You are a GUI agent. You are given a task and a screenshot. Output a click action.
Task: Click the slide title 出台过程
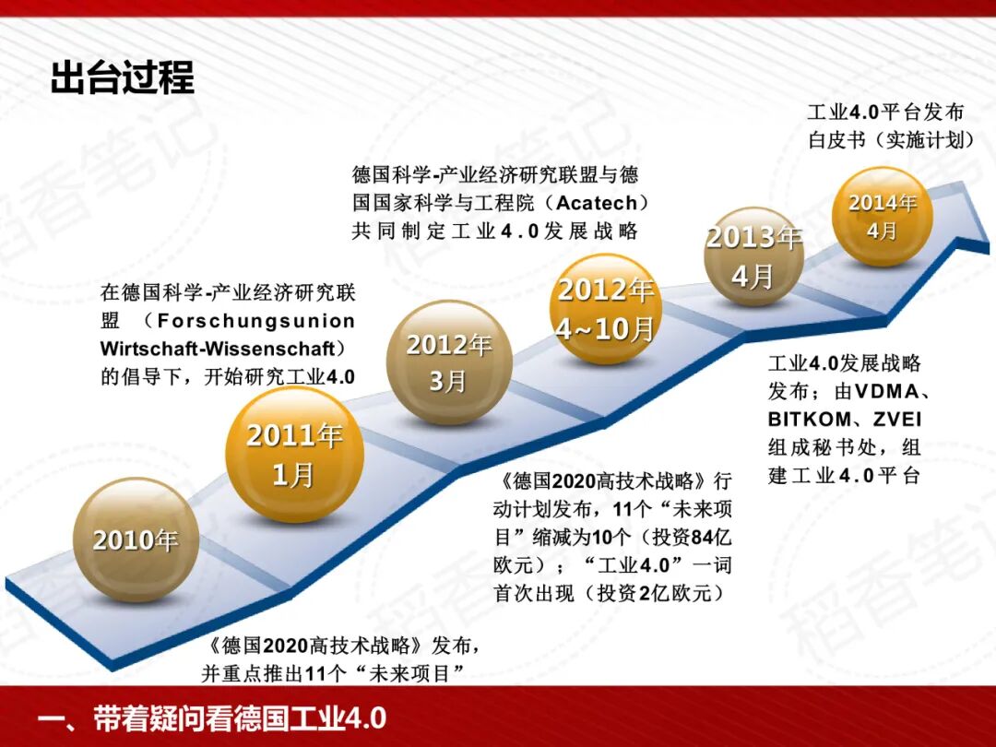click(x=123, y=78)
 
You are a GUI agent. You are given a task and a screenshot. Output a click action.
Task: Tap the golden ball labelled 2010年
click(x=136, y=539)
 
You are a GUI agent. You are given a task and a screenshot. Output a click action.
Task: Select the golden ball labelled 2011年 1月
click(x=294, y=454)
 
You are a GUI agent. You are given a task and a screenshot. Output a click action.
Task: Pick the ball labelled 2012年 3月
click(x=449, y=362)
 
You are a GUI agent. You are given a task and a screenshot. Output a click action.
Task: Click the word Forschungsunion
click(x=256, y=321)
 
